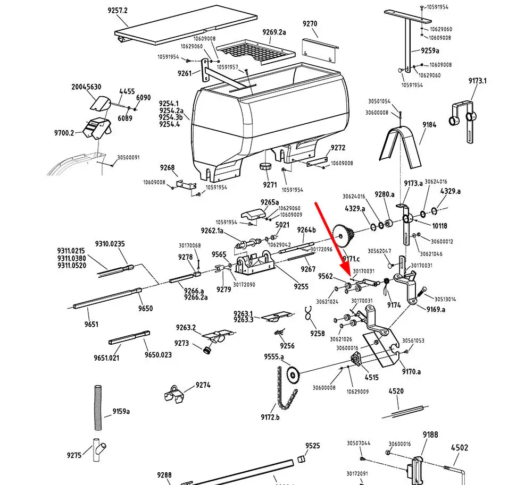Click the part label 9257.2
(x=118, y=10)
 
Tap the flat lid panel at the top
(x=186, y=24)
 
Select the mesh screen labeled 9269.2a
(x=256, y=52)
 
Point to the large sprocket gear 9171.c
(x=343, y=236)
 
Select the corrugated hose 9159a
(x=98, y=407)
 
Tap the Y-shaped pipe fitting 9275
(x=98, y=450)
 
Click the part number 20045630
(x=86, y=87)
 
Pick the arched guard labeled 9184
(x=400, y=147)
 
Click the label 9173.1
(x=477, y=81)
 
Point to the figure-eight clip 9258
(x=309, y=313)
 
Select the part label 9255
(x=301, y=286)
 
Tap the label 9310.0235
(x=110, y=244)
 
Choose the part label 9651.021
(x=106, y=358)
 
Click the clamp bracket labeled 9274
(x=174, y=394)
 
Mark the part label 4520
(x=396, y=391)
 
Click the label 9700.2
(x=64, y=133)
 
